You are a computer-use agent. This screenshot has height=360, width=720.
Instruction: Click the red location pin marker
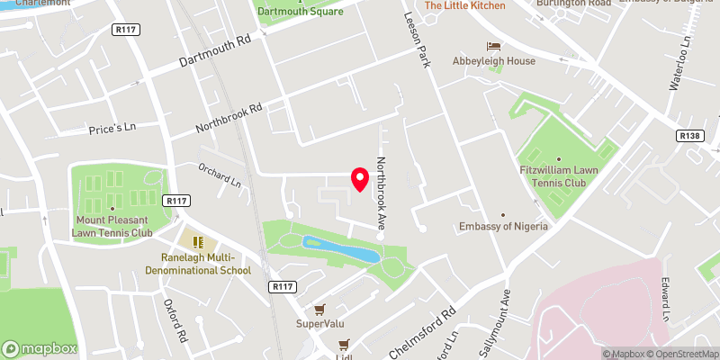[x=360, y=179]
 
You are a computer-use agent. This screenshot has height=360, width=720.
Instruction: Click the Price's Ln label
[x=111, y=130]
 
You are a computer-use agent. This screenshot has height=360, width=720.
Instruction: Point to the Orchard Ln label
[x=220, y=176]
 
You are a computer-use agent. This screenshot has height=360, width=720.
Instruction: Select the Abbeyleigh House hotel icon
[x=492, y=46]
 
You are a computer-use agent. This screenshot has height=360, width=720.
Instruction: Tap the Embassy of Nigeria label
[x=503, y=226]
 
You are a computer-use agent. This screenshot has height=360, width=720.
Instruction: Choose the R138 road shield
[x=689, y=135]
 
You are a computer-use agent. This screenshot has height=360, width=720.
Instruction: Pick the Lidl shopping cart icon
[x=342, y=344]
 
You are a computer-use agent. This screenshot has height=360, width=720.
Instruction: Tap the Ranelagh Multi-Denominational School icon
[x=198, y=241]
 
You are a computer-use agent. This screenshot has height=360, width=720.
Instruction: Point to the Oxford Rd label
[x=174, y=319]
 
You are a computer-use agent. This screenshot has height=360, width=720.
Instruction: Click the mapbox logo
[x=40, y=348]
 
